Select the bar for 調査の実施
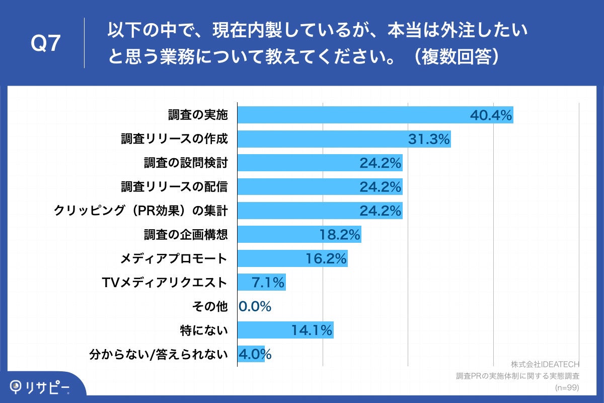coord(352,115)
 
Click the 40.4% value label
coord(491,115)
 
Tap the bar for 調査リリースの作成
coord(322,139)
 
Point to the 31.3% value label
coord(428,139)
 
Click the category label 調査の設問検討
coord(185,163)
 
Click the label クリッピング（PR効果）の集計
coord(141,211)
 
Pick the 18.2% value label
coord(340,235)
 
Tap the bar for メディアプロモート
coord(272,259)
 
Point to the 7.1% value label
coord(268,283)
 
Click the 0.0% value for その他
coord(255,307)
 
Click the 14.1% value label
coord(312,330)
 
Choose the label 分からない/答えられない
coord(158,355)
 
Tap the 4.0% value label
coord(255,355)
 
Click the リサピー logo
coord(40,387)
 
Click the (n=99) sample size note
coord(567,387)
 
